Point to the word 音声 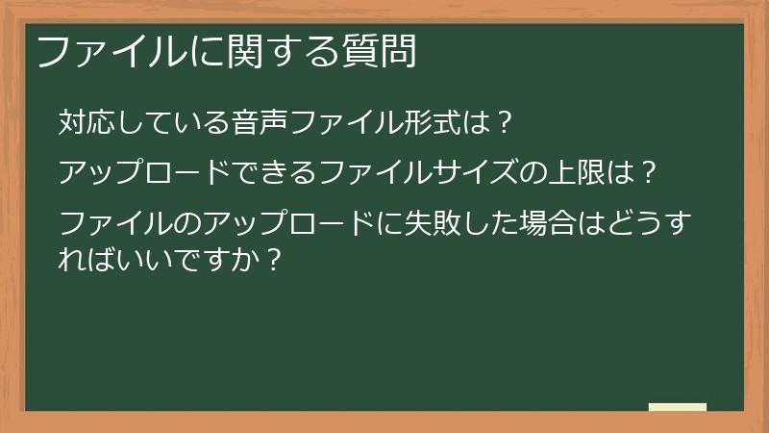click(x=260, y=123)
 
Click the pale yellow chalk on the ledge click(x=678, y=407)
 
